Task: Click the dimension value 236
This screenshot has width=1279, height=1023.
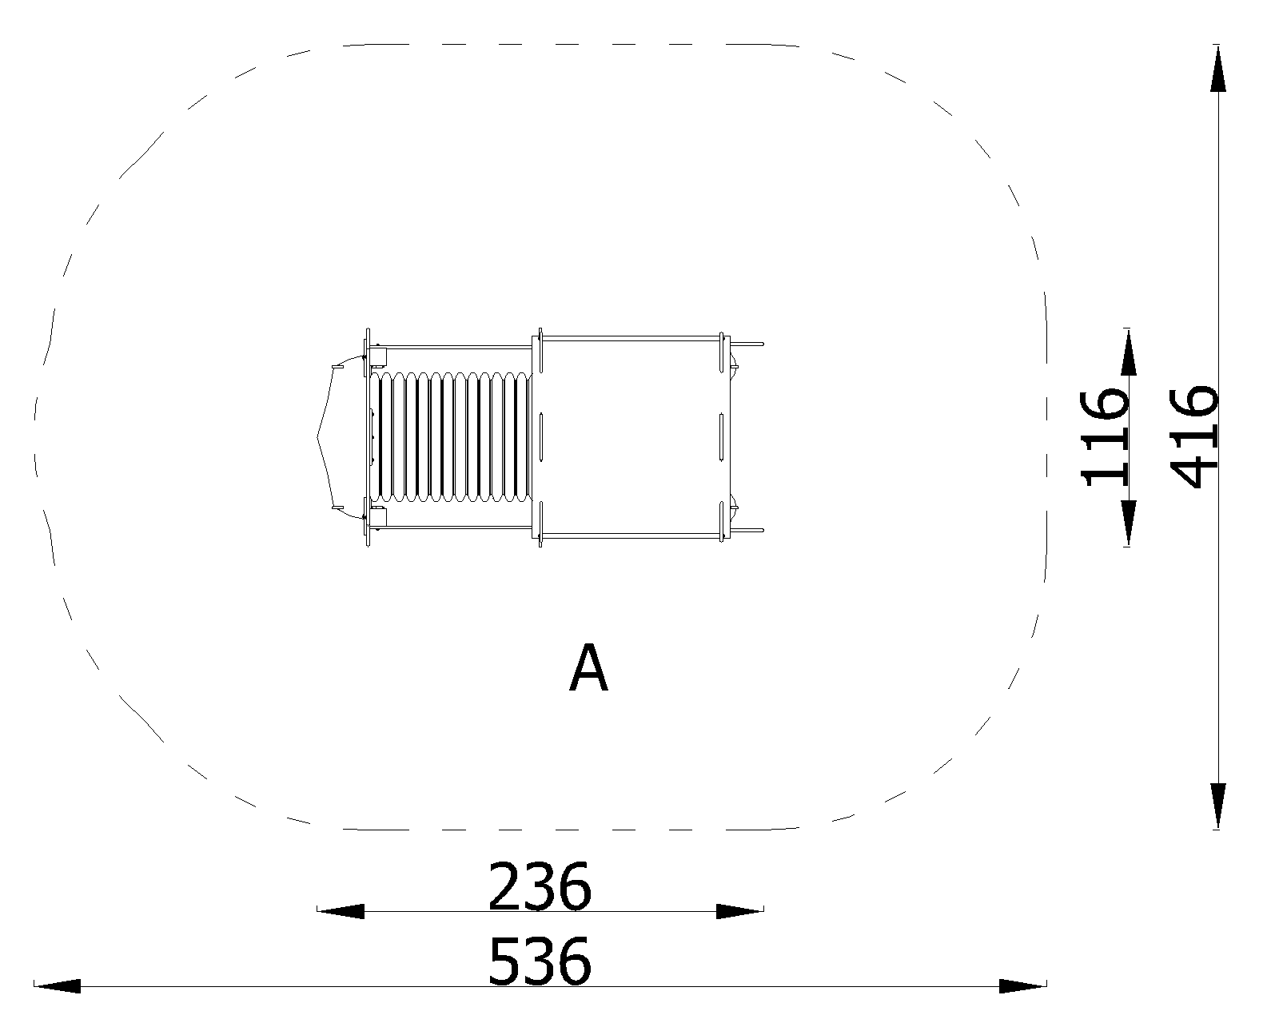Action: pos(540,887)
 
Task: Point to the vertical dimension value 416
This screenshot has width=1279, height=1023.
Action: pos(1194,437)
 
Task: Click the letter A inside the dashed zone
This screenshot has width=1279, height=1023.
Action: pos(588,667)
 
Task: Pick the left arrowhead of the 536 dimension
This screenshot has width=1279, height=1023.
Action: pos(57,986)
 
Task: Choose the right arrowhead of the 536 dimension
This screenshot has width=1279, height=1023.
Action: pos(1022,986)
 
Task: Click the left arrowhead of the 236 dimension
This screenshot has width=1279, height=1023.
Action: pos(341,911)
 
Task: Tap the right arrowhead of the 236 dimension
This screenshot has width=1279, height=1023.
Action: pos(740,911)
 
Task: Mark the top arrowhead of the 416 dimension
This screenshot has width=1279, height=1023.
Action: pos(1218,69)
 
